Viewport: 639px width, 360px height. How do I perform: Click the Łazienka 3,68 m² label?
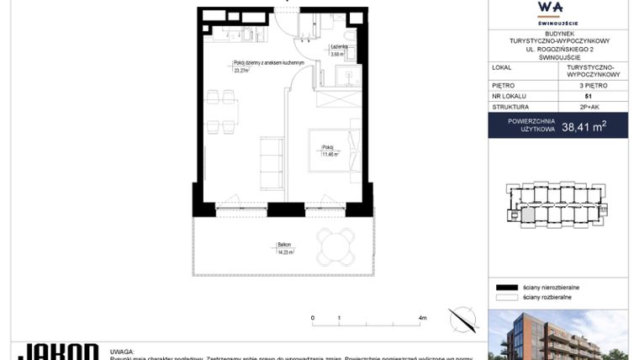tap(340, 50)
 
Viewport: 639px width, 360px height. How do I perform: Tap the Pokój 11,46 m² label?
tap(330, 152)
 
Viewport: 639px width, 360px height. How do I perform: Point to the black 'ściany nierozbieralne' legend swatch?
tap(505, 287)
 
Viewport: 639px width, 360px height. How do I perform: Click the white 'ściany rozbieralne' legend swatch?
tap(505, 297)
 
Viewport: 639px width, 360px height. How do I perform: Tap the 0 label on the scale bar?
tap(313, 318)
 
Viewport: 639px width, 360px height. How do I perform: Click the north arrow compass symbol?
tap(462, 320)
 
